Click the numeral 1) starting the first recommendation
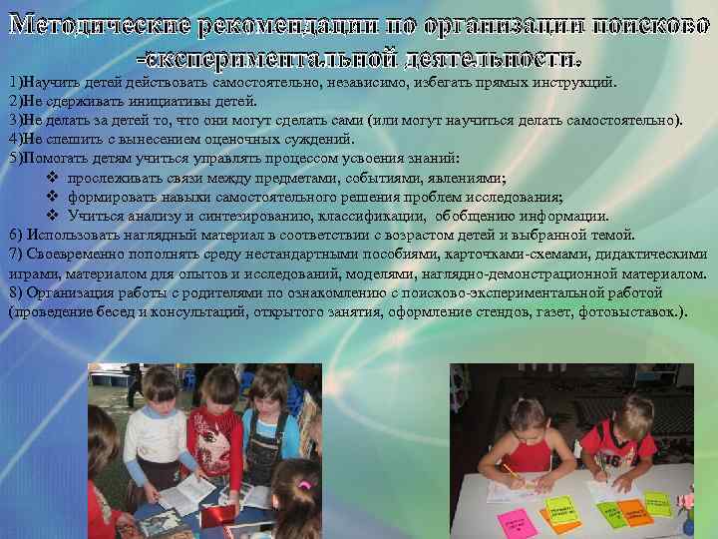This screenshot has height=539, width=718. (x=14, y=83)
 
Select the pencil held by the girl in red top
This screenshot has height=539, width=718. (x=511, y=468)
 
